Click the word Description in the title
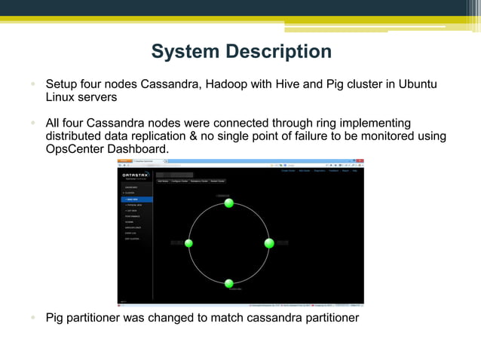[280, 51]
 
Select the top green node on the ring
[229, 203]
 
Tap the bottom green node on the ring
[229, 283]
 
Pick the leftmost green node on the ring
[188, 243]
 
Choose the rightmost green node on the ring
[269, 243]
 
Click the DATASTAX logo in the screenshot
[135, 175]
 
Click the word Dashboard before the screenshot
[137, 149]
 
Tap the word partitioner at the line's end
[329, 317]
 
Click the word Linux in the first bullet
[63, 97]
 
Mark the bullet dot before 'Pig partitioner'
[34, 317]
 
